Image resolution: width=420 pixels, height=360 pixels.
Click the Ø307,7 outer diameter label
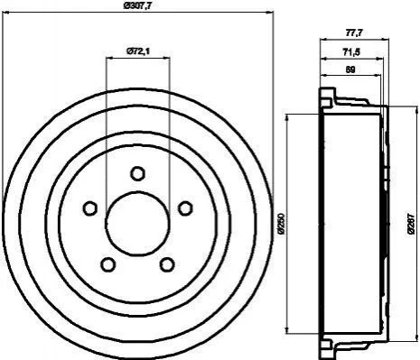click(x=137, y=5)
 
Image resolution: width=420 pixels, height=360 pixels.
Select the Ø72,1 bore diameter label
click(x=138, y=51)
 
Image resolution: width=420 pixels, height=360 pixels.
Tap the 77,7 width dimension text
click(x=353, y=32)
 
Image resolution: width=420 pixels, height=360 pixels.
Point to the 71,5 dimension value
click(x=351, y=52)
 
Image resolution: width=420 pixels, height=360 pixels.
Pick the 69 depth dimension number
click(x=350, y=69)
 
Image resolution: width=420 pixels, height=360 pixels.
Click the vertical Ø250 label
click(x=281, y=224)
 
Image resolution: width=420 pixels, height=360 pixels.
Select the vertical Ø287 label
click(x=412, y=224)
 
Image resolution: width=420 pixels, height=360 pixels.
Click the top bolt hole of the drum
click(x=138, y=173)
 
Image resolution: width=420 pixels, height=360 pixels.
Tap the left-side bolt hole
click(x=89, y=208)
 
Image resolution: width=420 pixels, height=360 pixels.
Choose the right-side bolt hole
click(x=185, y=208)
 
